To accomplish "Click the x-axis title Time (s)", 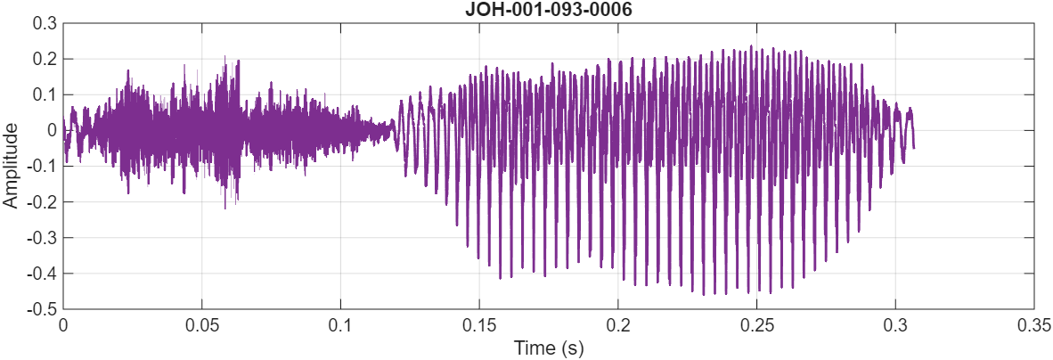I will [548, 348].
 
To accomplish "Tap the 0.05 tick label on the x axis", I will [201, 325].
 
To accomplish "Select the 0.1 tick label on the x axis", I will [340, 325].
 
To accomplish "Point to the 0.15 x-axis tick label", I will [479, 325].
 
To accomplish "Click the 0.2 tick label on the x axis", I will [617, 325].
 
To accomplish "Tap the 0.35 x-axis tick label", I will [1032, 325].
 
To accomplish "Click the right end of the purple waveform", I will [913, 147].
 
